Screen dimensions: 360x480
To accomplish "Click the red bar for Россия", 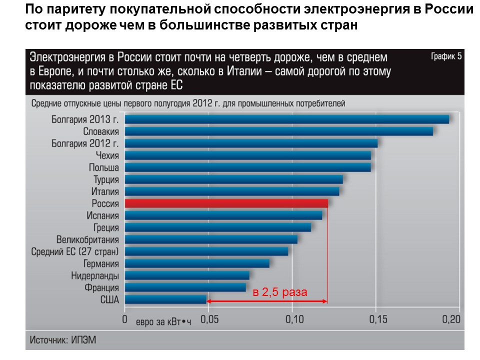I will (x=226, y=203).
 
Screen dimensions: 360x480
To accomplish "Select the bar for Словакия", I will (x=278, y=131).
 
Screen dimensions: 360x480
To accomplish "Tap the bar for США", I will (x=165, y=299).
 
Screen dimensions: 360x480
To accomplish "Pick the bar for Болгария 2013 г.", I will (x=286, y=119).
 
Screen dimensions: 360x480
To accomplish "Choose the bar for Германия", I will (x=197, y=263).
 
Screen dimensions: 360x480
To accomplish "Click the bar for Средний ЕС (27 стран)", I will (x=206, y=251).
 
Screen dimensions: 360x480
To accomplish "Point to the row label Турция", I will (x=105, y=179).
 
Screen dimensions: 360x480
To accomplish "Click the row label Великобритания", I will (x=87, y=239).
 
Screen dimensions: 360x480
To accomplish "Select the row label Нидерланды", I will (x=95, y=275).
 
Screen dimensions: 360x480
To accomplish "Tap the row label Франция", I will (x=102, y=287).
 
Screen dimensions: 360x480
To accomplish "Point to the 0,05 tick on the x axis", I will (x=209, y=319).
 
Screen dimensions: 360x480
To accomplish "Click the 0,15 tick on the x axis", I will (x=376, y=319).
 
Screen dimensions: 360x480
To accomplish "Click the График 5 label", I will (x=446, y=56).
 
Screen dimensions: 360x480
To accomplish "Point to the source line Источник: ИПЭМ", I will (x=62, y=340).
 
